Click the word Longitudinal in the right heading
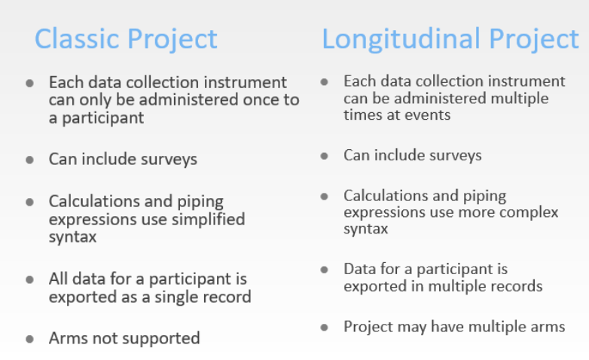(x=401, y=39)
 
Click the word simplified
(x=208, y=219)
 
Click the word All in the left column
(x=59, y=279)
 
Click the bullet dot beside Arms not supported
(x=29, y=339)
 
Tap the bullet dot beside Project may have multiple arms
(x=324, y=328)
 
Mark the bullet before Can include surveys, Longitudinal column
(x=324, y=156)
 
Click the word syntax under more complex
(x=366, y=229)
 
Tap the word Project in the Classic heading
(x=172, y=39)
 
